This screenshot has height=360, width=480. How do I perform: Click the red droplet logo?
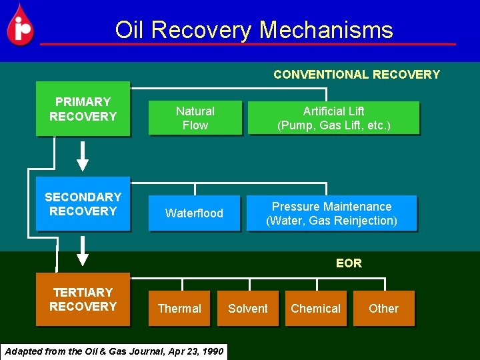pyautogui.click(x=20, y=25)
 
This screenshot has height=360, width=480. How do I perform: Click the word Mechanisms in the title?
pyautogui.click(x=326, y=30)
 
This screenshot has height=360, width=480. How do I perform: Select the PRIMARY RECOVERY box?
pyautogui.click(x=83, y=109)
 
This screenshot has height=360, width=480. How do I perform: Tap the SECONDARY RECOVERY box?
pyautogui.click(x=83, y=204)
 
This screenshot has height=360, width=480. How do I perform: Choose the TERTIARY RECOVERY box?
pyautogui.click(x=83, y=299)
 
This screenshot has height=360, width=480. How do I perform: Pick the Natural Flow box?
pyautogui.click(x=195, y=118)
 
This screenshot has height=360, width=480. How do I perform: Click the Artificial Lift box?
pyautogui.click(x=333, y=118)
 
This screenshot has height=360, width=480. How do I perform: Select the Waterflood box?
pyautogui.click(x=194, y=213)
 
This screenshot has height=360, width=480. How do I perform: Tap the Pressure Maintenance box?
pyautogui.click(x=331, y=213)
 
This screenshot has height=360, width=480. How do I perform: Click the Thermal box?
pyautogui.click(x=179, y=309)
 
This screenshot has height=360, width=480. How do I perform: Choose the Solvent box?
pyautogui.click(x=247, y=309)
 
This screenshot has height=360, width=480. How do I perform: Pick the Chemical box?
pyautogui.click(x=315, y=309)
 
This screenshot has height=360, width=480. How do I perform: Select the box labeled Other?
pyautogui.click(x=383, y=309)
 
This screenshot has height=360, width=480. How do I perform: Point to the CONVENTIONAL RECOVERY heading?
pyautogui.click(x=357, y=75)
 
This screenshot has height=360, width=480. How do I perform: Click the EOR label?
pyautogui.click(x=349, y=263)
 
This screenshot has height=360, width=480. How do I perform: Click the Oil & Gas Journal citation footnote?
pyautogui.click(x=114, y=351)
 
